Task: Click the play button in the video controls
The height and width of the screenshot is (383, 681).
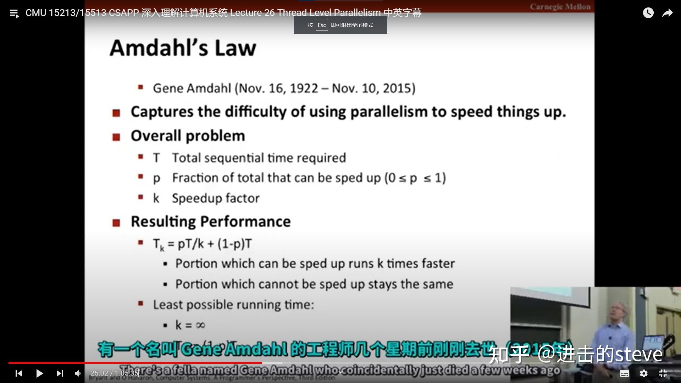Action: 39,373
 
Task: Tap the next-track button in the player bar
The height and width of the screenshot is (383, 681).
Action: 60,373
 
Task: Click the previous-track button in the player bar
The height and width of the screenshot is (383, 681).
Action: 19,373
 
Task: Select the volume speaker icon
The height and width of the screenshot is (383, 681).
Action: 78,373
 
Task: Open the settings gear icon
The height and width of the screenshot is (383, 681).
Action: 643,373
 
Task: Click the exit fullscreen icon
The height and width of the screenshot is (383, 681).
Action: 663,373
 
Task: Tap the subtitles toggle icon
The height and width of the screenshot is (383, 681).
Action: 624,373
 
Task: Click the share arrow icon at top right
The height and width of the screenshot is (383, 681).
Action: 667,13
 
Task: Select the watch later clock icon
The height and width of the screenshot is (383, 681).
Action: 648,13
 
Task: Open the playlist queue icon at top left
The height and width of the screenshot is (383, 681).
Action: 14,13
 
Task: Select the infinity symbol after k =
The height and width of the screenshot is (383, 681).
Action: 200,325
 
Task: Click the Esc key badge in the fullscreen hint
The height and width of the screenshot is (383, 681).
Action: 321,25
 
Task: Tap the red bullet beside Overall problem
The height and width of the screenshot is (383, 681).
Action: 116,137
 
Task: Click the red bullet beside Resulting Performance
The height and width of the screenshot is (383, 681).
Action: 116,223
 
